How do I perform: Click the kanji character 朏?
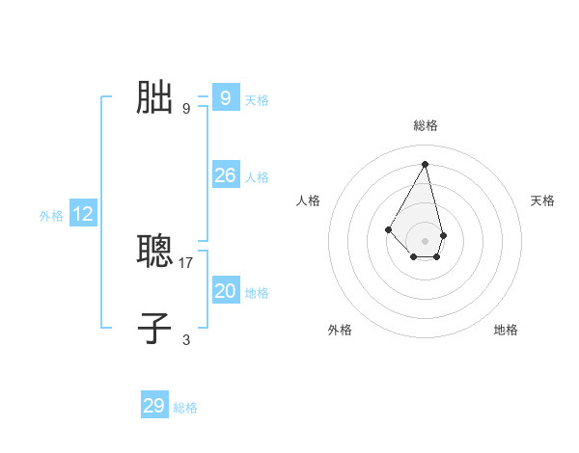click(154, 98)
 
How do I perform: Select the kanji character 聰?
click(154, 253)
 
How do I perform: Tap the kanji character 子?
click(154, 328)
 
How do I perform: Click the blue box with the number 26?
click(225, 175)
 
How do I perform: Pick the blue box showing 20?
click(225, 291)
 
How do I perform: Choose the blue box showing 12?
click(83, 214)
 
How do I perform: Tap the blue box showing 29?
click(154, 406)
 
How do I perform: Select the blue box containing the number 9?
click(225, 98)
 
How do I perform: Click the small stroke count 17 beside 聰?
click(186, 262)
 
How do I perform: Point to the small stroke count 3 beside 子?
click(186, 339)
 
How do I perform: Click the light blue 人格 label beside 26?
click(257, 177)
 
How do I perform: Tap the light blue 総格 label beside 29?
click(185, 408)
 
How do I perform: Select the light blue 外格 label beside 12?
click(51, 216)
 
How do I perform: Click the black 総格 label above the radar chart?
click(426, 125)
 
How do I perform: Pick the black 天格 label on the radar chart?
click(542, 200)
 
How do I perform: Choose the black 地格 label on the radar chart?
click(506, 330)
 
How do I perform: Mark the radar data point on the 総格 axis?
click(426, 163)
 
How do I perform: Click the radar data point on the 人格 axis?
click(388, 228)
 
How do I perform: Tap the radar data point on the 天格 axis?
click(443, 235)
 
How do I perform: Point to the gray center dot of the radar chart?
click(426, 241)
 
